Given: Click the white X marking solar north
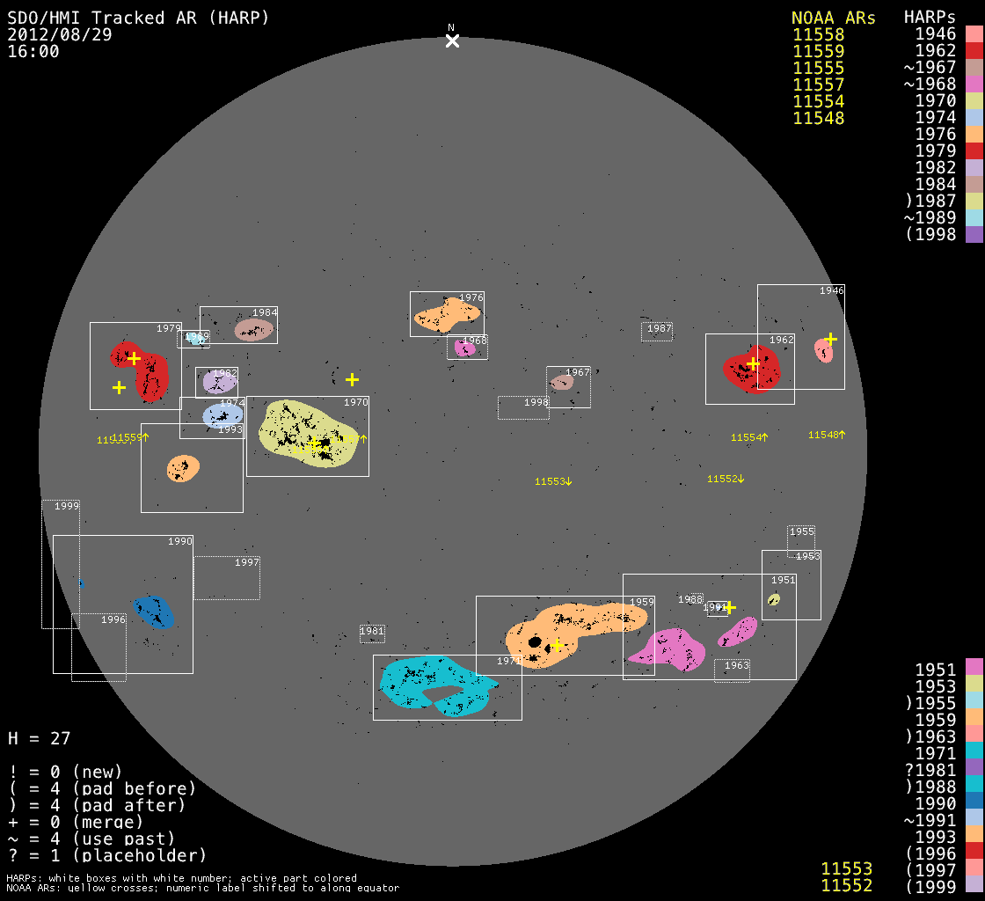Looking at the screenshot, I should (x=452, y=40).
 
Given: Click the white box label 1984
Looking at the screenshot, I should (x=265, y=312).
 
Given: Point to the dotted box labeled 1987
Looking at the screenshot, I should (x=657, y=330).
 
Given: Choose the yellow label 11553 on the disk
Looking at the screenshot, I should (x=553, y=481).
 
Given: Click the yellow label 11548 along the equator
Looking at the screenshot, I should (x=826, y=435).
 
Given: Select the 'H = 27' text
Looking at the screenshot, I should (x=39, y=738).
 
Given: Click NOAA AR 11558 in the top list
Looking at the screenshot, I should (x=818, y=35).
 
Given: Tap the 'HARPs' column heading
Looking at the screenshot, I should (x=930, y=18).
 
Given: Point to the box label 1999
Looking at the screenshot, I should (x=67, y=506).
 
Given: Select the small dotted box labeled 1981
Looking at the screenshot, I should (x=372, y=632).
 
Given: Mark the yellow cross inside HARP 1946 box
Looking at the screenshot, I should (x=830, y=339).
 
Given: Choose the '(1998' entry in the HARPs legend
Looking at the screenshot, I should (x=935, y=234).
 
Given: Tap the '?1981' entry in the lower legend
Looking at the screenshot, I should (x=935, y=770).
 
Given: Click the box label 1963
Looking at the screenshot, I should (x=736, y=666).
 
